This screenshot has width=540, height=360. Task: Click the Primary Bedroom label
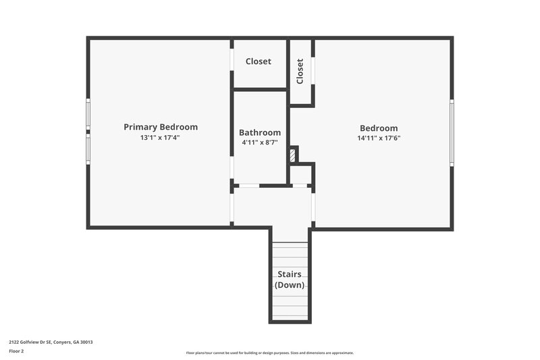click(161, 127)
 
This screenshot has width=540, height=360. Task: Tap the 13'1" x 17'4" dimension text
click(160, 138)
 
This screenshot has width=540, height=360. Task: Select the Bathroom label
click(260, 132)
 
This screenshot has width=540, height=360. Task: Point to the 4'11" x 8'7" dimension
click(260, 143)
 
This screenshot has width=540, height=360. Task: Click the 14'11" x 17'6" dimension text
click(379, 138)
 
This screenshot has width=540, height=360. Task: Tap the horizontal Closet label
click(259, 61)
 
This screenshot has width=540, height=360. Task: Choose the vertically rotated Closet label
click(300, 71)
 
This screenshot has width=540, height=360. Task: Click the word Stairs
click(290, 274)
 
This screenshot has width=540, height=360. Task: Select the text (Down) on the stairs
click(290, 285)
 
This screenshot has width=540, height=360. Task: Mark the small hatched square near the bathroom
click(292, 155)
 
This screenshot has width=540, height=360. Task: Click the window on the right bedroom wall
click(452, 132)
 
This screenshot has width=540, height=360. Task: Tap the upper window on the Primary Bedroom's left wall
click(88, 114)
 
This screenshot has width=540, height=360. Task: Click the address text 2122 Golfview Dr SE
click(51, 342)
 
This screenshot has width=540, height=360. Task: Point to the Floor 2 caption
click(16, 351)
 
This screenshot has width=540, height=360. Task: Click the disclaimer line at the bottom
click(270, 353)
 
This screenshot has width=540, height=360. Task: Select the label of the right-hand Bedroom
click(379, 128)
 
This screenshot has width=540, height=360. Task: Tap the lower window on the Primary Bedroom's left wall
click(88, 150)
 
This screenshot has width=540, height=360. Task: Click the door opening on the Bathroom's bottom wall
click(249, 185)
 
